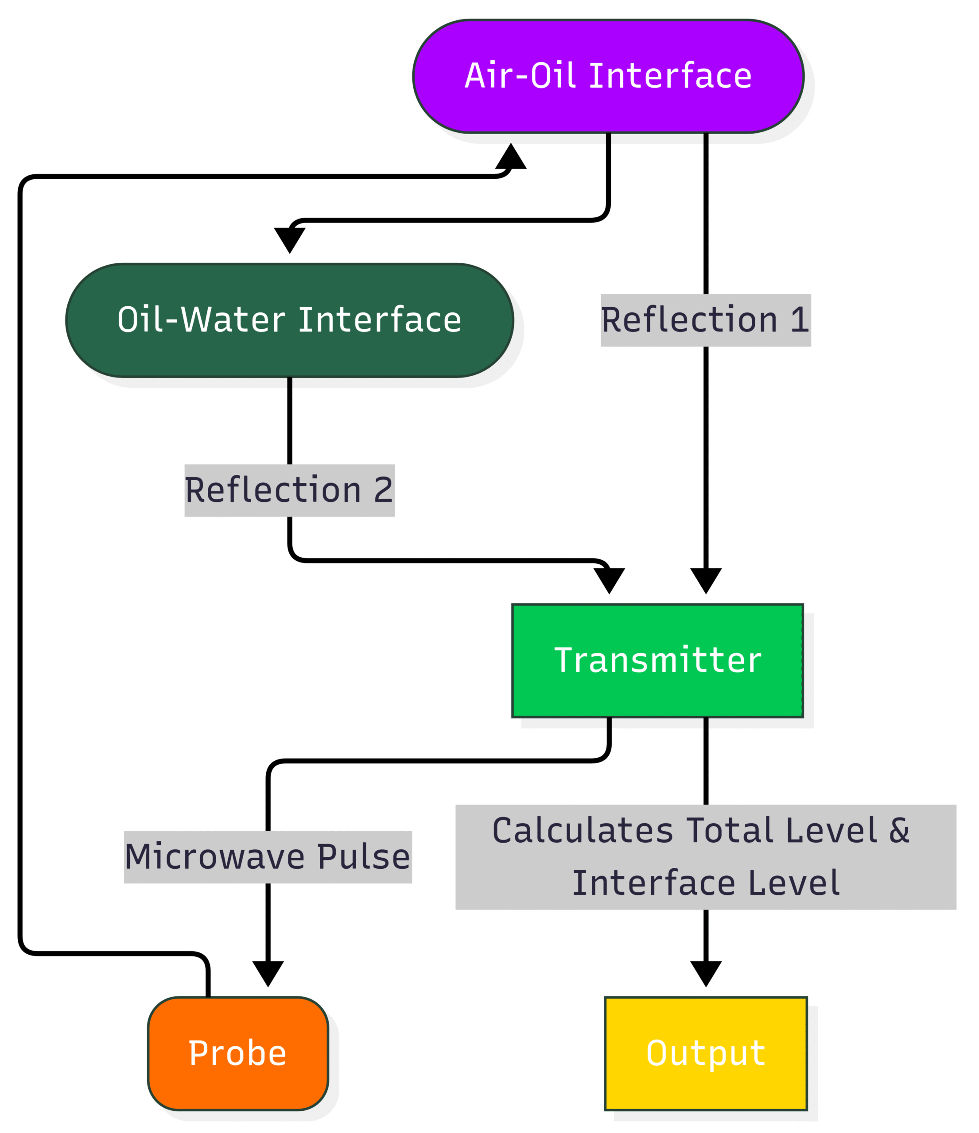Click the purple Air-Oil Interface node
(x=608, y=76)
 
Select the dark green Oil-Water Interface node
(x=289, y=320)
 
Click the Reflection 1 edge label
(x=705, y=320)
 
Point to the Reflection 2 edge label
(x=289, y=490)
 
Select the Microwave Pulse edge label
(x=268, y=857)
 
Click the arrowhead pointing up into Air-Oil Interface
(x=511, y=158)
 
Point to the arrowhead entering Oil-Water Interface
(x=289, y=239)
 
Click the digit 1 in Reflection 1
(x=800, y=320)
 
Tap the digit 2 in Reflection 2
(x=383, y=490)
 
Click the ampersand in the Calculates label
(x=899, y=830)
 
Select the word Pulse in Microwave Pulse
(x=363, y=857)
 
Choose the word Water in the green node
(x=233, y=320)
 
